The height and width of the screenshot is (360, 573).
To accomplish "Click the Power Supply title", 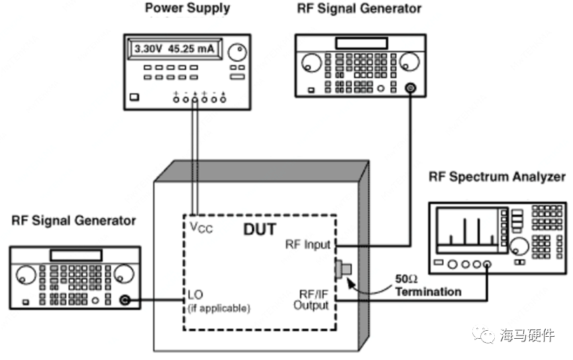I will (187, 9).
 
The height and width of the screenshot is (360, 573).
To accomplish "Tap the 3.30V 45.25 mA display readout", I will (176, 49).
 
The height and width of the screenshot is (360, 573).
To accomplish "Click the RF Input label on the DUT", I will (307, 245).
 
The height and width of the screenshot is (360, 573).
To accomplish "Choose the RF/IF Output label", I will (311, 300).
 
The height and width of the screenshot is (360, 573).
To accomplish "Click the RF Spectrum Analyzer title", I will (497, 177).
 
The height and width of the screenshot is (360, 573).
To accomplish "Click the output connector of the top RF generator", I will (411, 88).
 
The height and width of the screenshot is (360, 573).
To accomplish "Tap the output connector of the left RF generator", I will (124, 301).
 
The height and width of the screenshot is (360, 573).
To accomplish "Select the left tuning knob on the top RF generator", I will (309, 65).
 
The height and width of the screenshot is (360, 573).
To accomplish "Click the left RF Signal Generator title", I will (74, 221).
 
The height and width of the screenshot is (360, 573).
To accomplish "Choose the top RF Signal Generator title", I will (358, 9).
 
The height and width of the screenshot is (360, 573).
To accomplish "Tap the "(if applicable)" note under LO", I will (219, 308).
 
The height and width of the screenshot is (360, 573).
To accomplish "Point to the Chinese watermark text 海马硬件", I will (527, 335).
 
